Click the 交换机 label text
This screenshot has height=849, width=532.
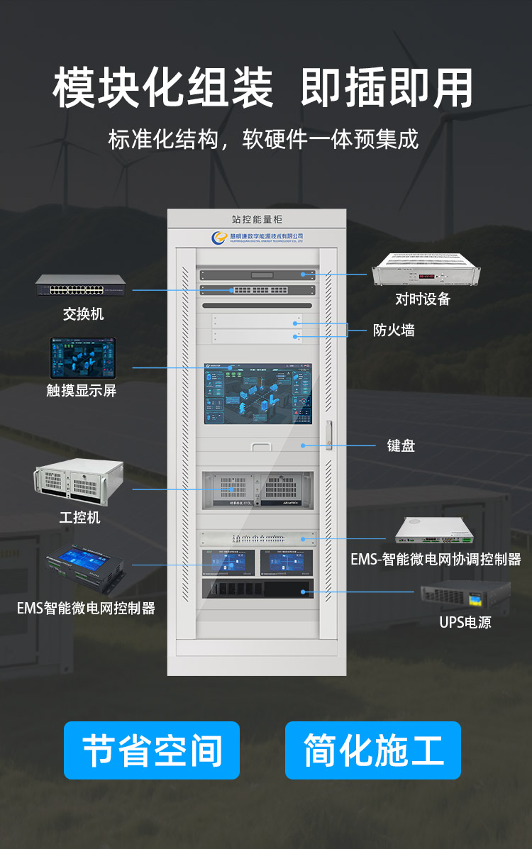(x=83, y=313)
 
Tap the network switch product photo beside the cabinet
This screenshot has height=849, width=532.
(x=82, y=287)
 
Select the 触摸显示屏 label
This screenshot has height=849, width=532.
(x=81, y=390)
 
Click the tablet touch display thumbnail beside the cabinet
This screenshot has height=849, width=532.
(x=82, y=357)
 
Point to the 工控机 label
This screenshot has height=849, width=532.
(x=79, y=517)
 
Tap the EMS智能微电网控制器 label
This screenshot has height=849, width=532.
(x=86, y=608)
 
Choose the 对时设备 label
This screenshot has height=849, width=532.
(x=423, y=299)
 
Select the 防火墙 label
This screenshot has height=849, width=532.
(x=394, y=330)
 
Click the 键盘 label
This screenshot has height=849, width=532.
(x=401, y=445)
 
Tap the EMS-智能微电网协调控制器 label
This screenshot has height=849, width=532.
(x=436, y=559)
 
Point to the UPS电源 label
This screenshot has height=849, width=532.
(x=465, y=622)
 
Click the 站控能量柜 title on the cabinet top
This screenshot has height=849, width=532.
(x=257, y=220)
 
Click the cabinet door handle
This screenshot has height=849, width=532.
(x=329, y=436)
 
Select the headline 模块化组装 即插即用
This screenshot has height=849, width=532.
(x=262, y=89)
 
